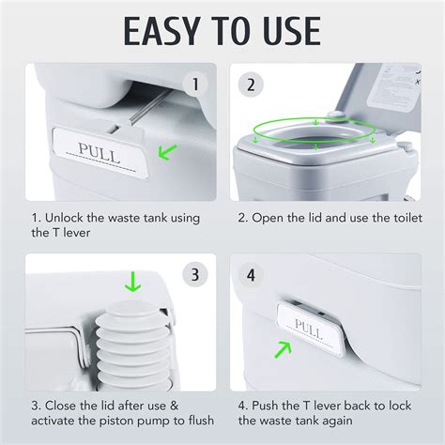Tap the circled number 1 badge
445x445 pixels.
[x=194, y=84]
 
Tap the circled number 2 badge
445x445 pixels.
[x=250, y=84]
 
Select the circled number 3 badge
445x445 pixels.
[x=194, y=275]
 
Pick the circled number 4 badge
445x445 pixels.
[x=250, y=275]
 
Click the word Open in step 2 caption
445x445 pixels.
[x=269, y=218]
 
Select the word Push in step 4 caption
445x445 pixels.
[x=269, y=407]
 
